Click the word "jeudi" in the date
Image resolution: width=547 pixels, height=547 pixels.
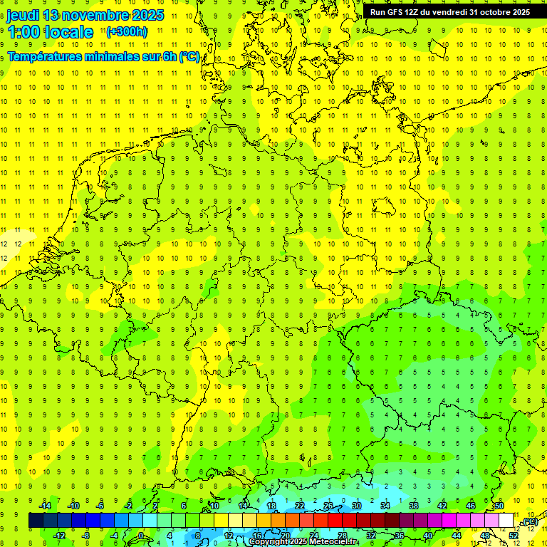tap(22, 15)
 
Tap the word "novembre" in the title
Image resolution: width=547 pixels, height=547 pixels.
tap(94, 15)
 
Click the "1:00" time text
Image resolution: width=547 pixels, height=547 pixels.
tap(23, 32)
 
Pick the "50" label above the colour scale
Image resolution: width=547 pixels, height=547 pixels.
tap(499, 505)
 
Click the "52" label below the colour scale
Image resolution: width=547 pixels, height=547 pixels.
tap(514, 535)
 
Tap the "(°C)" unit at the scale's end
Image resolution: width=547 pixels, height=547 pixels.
tap(530, 522)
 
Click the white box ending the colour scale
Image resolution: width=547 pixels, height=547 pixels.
tap(506, 520)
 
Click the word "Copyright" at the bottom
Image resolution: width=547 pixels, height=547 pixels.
tap(269, 542)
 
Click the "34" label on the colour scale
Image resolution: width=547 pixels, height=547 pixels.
tap(385, 505)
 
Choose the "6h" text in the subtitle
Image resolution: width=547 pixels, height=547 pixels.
tap(168, 56)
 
